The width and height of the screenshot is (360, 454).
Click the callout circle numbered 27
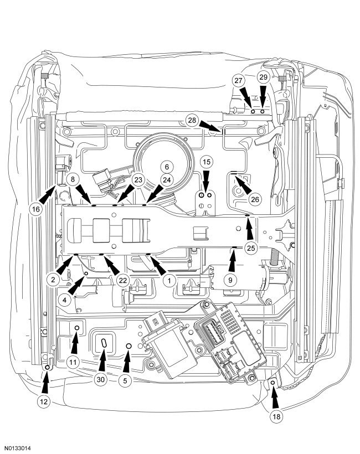click(x=239, y=80)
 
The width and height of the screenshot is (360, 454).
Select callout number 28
click(x=192, y=120)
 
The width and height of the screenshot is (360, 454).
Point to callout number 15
click(x=206, y=162)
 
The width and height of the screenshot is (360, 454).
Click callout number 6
click(x=165, y=166)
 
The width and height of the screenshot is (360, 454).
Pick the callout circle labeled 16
click(x=36, y=209)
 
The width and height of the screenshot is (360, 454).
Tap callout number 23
click(x=138, y=180)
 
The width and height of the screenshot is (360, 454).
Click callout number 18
click(x=275, y=417)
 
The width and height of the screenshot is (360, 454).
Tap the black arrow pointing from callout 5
click(x=127, y=360)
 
